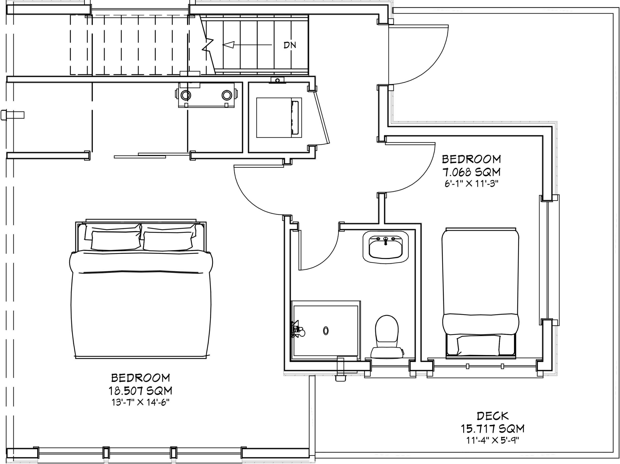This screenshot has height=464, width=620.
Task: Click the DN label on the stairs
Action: click(290, 45)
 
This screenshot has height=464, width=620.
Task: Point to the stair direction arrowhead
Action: click(228, 45)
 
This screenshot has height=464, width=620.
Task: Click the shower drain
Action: click(326, 331)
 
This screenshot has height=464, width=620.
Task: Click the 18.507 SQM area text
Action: click(140, 391)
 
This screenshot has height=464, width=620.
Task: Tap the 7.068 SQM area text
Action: click(472, 172)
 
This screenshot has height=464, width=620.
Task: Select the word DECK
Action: click(492, 416)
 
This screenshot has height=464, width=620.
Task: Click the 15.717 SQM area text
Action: click(492, 429)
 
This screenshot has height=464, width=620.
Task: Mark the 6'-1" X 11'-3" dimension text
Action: click(472, 184)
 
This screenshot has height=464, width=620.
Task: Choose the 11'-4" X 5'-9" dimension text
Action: click(492, 440)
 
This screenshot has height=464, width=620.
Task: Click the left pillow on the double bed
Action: click(116, 241)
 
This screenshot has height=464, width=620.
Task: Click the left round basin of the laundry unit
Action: click(186, 95)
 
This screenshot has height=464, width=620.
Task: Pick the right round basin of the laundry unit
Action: click(227, 95)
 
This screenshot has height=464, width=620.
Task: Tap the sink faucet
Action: click(386, 241)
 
